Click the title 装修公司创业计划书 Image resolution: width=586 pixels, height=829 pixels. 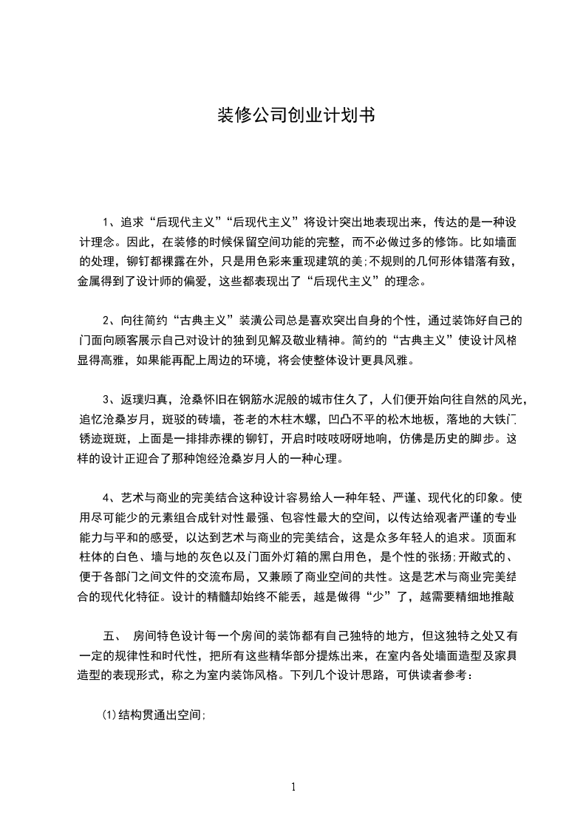coord(293,116)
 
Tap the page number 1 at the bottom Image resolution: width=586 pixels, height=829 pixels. coord(293,787)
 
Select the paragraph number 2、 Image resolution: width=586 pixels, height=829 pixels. coord(109,321)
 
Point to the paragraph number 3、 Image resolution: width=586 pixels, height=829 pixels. coord(109,400)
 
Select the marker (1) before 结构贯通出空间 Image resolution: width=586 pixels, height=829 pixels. coord(109,695)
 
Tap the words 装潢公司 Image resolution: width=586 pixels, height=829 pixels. coord(262,321)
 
